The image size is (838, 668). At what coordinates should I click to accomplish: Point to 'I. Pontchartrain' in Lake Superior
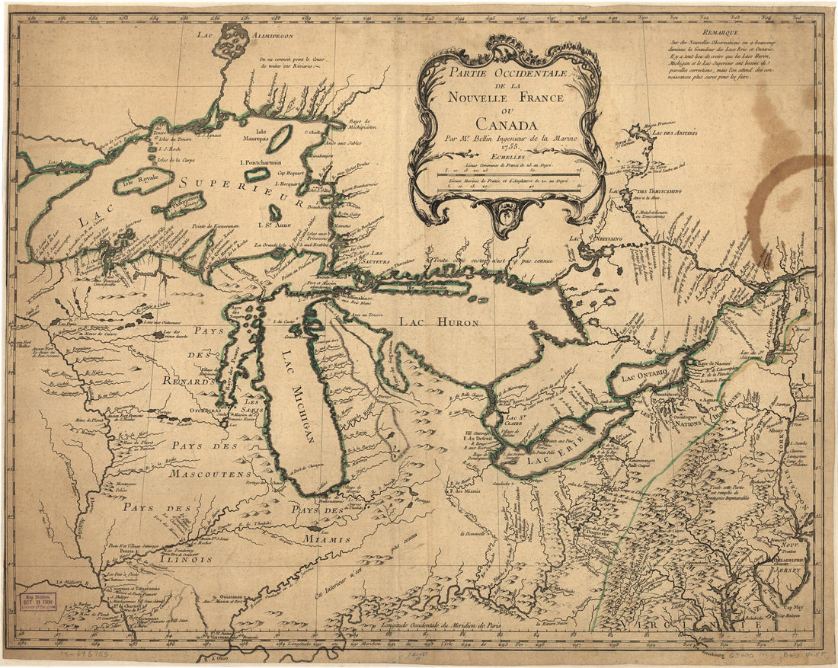(x=261, y=162)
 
